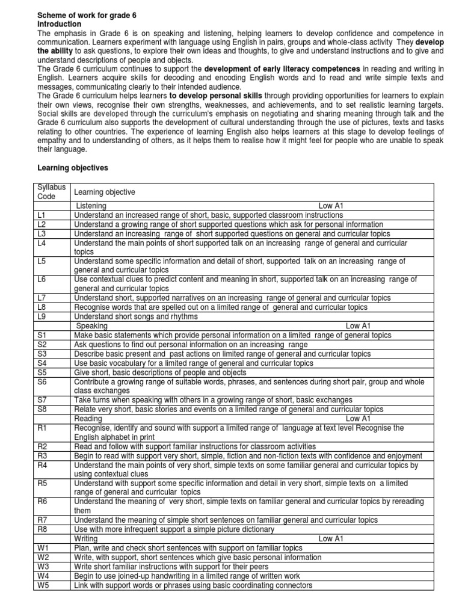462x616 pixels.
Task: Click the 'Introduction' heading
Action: [60, 23]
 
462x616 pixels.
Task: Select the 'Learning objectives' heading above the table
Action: [73, 168]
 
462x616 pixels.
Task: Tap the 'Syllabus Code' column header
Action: [52, 192]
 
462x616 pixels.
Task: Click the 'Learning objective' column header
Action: [104, 192]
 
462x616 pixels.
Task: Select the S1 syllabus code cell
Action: [42, 335]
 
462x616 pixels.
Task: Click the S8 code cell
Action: [42, 409]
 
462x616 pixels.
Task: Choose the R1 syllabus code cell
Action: [42, 428]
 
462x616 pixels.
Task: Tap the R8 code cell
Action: [42, 529]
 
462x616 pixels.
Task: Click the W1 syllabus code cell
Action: [42, 548]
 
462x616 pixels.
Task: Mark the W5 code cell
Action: [42, 585]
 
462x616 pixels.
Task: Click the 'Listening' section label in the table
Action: [91, 206]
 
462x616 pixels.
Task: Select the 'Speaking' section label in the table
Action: [92, 326]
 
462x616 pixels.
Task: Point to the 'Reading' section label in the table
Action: [88, 418]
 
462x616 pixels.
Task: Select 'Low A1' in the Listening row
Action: [330, 206]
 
